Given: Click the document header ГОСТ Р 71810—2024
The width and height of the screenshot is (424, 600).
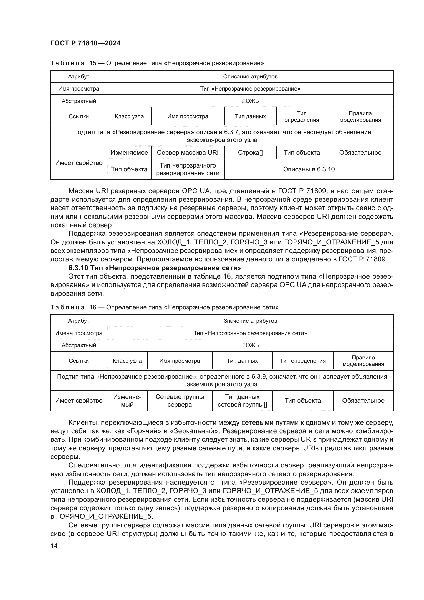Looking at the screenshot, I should tap(85, 43).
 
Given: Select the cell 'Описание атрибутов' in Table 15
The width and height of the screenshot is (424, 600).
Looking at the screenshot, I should tap(250, 76).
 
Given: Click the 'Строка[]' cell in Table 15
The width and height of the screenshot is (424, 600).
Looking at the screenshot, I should tap(250, 153).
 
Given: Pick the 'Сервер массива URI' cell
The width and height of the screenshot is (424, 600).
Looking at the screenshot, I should tap(187, 153).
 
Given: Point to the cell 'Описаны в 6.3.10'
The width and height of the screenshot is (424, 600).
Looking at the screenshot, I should tap(309, 169).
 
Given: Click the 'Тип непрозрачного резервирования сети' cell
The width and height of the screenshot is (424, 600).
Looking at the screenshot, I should tap(187, 169).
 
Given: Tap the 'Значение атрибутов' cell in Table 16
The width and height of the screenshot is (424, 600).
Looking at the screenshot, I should tap(250, 321).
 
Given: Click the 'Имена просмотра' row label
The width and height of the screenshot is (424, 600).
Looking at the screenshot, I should tap(79, 333).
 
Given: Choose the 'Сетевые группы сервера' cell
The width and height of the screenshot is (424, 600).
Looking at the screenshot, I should tap(179, 401).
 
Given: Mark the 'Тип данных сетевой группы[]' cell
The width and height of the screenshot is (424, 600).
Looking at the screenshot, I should tap(242, 401).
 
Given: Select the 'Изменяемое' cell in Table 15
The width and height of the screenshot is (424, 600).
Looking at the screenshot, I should tap(129, 153).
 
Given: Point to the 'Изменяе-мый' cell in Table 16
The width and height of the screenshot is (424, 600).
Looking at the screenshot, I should tap(127, 401).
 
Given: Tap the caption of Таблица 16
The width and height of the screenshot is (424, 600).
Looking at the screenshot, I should tap(164, 307).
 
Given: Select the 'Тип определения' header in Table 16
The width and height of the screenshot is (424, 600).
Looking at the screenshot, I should tap(302, 361).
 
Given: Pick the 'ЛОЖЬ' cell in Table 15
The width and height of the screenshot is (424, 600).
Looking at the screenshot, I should tap(250, 101).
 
